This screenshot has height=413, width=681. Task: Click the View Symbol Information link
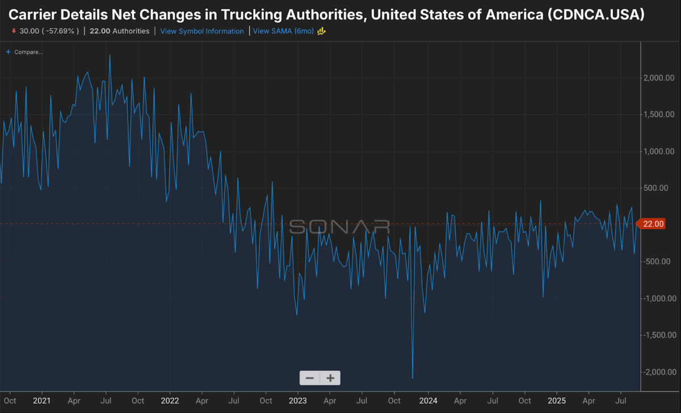click(202, 31)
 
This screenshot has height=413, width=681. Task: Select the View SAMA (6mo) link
click(283, 31)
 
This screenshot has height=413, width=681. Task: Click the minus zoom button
click(310, 378)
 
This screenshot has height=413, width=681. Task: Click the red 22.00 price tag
click(652, 224)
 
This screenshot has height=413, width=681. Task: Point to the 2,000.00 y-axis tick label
click(658, 78)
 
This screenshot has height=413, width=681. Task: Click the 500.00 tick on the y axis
click(661, 188)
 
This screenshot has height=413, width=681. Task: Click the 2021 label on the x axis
click(42, 401)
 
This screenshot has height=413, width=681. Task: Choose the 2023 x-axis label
click(299, 401)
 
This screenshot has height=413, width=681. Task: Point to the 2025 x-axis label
click(556, 401)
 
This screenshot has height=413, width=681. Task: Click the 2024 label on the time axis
click(428, 401)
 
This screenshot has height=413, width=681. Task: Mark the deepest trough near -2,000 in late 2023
click(413, 378)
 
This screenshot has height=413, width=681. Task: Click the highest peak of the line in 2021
click(110, 55)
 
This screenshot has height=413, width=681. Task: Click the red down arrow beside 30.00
click(13, 31)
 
